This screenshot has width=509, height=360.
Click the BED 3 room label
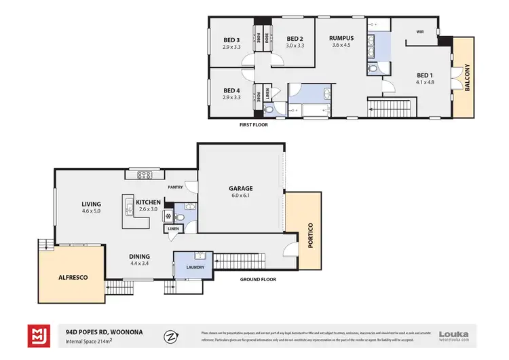click(232, 39)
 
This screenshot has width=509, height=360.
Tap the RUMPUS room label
click(341, 39)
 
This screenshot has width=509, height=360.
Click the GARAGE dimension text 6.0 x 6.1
click(240, 196)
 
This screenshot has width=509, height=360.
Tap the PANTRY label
click(178, 185)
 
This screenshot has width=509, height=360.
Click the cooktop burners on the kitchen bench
click(145, 175)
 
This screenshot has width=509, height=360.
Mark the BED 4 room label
click(232, 90)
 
